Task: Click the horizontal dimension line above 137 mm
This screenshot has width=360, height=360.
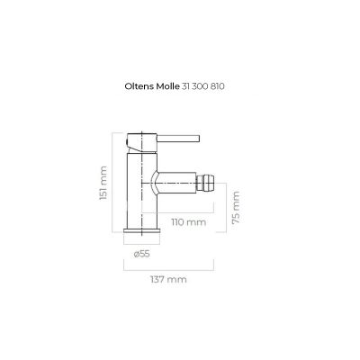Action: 167,266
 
